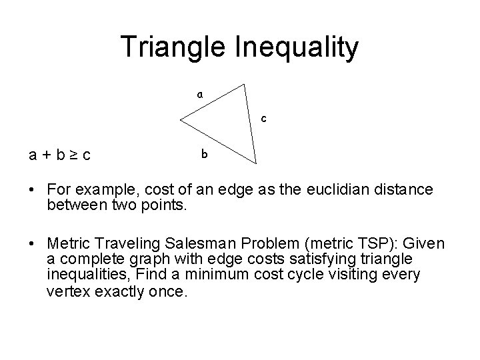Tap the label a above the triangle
pos(199,95)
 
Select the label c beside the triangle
pos(264,119)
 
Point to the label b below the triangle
pos(205,155)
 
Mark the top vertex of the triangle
pos(245,84)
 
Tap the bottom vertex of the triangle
pos(255,163)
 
